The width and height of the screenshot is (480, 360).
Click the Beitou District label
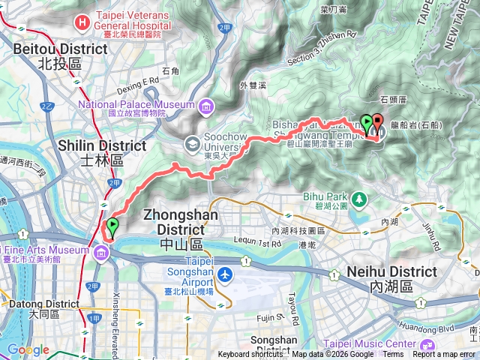(x=60, y=55)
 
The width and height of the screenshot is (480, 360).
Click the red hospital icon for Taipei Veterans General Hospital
(x=82, y=23)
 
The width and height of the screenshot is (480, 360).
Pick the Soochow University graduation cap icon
(x=193, y=141)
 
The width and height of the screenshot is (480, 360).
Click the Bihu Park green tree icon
(x=361, y=199)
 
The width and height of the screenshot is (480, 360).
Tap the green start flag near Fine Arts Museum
(x=112, y=226)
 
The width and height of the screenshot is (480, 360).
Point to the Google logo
(x=27, y=350)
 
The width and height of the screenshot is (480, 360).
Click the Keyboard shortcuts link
(x=250, y=355)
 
